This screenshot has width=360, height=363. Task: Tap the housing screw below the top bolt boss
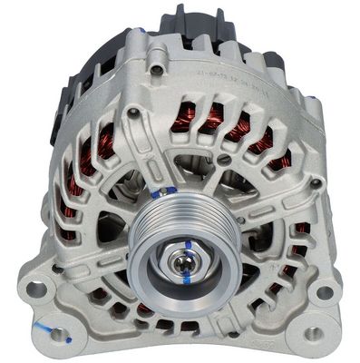pyautogui.click(x=134, y=113)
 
